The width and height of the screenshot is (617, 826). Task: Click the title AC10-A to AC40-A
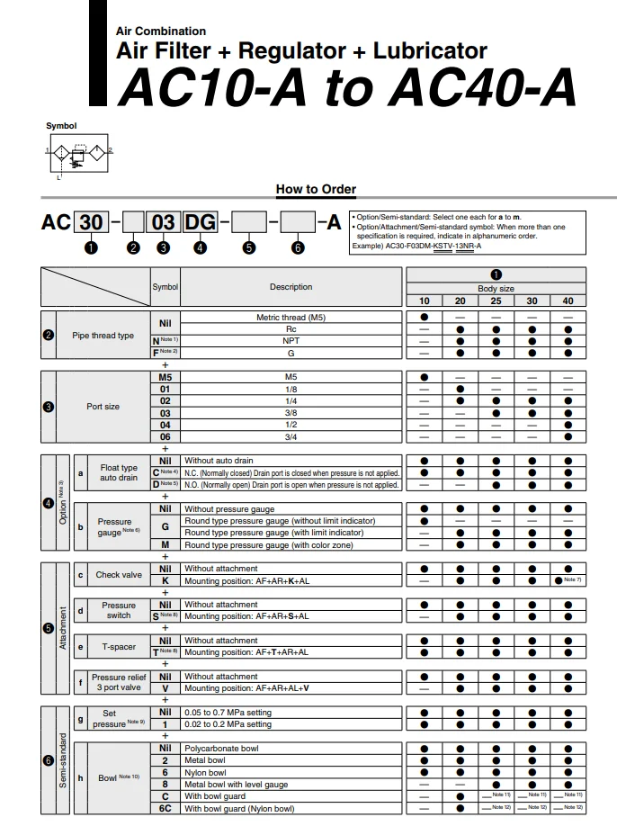pyautogui.click(x=347, y=88)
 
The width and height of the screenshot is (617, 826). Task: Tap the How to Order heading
pyautogui.click(x=316, y=189)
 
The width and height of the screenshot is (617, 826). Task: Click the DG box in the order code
pyautogui.click(x=199, y=222)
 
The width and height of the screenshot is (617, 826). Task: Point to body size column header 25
pyautogui.click(x=496, y=301)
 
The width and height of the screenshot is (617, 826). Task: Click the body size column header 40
pyautogui.click(x=567, y=301)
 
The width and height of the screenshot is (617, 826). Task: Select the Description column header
pyautogui.click(x=291, y=287)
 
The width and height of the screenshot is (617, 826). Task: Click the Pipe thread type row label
pyautogui.click(x=103, y=336)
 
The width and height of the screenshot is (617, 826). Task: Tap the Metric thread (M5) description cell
pyautogui.click(x=291, y=318)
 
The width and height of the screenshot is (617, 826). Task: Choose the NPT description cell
pyautogui.click(x=291, y=341)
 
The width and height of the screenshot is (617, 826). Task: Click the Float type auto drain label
pyautogui.click(x=119, y=472)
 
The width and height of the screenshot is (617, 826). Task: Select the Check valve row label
pyautogui.click(x=119, y=575)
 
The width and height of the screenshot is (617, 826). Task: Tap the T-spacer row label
pyautogui.click(x=119, y=646)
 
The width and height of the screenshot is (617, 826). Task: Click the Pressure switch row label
pyautogui.click(x=119, y=610)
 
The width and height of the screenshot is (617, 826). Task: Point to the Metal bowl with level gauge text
pyautogui.click(x=237, y=784)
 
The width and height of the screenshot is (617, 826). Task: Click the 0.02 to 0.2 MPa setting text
pyautogui.click(x=228, y=723)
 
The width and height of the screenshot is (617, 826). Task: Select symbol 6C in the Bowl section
pyautogui.click(x=165, y=808)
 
